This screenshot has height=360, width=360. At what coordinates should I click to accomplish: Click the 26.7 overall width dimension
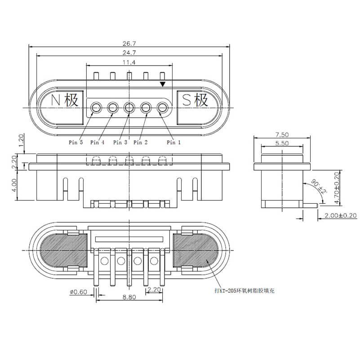tap(129, 44)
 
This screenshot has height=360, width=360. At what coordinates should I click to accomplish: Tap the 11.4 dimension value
tap(129, 62)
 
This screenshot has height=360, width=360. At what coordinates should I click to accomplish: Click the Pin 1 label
tap(173, 142)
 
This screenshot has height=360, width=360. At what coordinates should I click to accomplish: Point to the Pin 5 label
tap(76, 142)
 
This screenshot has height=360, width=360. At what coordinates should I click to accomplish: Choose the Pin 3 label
tap(120, 142)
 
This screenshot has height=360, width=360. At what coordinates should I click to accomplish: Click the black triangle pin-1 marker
tap(163, 84)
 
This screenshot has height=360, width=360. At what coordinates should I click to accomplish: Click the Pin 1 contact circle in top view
tap(162, 108)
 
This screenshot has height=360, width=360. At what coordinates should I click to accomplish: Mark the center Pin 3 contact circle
tap(129, 108)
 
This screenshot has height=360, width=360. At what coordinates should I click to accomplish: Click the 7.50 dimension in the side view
tap(282, 134)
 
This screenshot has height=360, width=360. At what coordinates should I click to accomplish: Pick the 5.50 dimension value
tap(282, 143)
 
